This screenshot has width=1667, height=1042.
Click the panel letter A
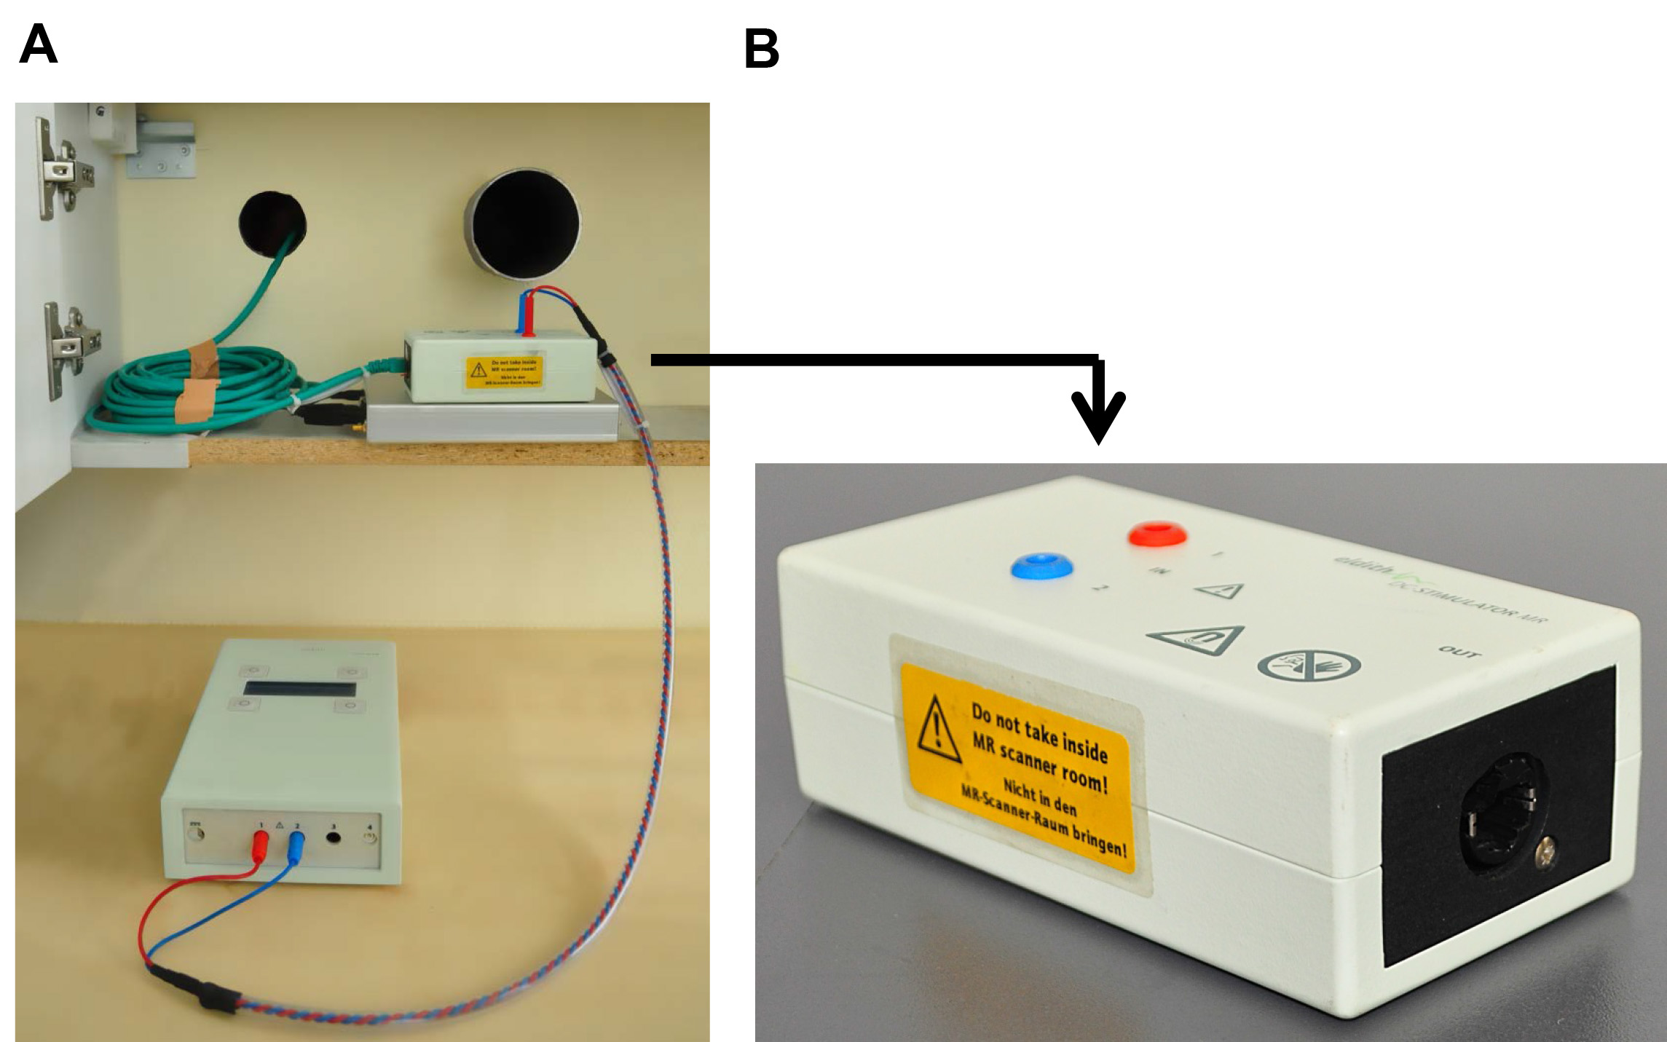point(38,44)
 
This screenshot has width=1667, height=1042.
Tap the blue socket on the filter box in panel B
point(1042,566)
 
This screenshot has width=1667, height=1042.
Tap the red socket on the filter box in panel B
point(1156,534)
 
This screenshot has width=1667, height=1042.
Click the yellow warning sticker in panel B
point(1020,765)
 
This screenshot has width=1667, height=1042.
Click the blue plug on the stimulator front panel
point(296,848)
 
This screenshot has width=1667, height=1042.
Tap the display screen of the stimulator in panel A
point(299,689)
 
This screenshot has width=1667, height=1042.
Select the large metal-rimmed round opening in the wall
point(523,224)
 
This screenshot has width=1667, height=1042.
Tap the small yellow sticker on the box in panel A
point(504,372)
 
